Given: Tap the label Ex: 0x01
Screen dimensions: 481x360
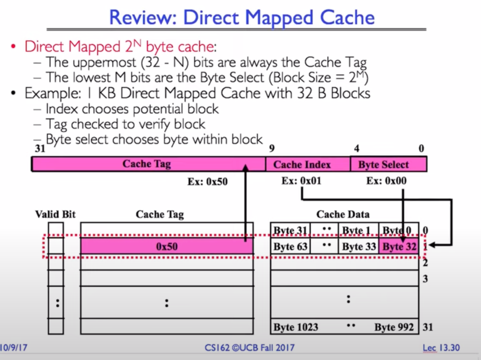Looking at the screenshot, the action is (x=302, y=181).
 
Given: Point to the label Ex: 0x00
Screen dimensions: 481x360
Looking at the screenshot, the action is (x=386, y=181).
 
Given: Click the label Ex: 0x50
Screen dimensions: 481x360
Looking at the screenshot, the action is (x=207, y=181).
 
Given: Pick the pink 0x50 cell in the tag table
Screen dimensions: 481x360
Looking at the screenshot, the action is (x=166, y=246).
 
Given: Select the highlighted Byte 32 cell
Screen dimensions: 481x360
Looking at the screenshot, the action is (x=399, y=246).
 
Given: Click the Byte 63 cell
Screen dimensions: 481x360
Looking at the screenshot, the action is (x=290, y=246).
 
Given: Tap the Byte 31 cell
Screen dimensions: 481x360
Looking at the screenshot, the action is (x=290, y=230).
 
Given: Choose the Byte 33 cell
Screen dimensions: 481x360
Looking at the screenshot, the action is (x=358, y=246).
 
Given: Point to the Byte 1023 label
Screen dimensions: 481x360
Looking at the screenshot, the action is (x=296, y=327).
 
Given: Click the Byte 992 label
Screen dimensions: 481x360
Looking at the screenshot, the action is (x=394, y=327).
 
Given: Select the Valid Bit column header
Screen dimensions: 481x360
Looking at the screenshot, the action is (x=55, y=215).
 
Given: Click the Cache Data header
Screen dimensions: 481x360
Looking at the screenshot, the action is (x=343, y=215).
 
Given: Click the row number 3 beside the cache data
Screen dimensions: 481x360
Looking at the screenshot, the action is (x=425, y=278).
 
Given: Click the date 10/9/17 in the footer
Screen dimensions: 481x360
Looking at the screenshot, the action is (x=14, y=347).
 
